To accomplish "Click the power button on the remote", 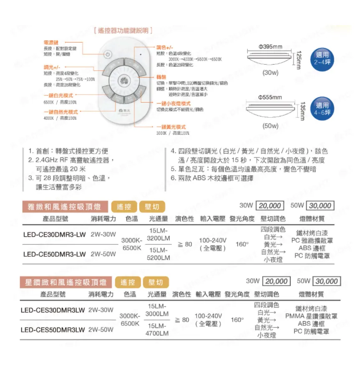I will [108, 55].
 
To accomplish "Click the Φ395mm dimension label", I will [271, 46].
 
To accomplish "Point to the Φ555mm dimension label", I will [271, 97].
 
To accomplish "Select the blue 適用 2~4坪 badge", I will [322, 58].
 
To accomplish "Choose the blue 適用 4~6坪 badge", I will [322, 109].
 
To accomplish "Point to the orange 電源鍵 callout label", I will [51, 43].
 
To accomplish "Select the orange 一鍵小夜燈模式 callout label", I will [174, 103].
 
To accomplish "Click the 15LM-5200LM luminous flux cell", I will [158, 254].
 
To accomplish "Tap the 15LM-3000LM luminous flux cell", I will [158, 310].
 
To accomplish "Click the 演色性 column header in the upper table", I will [184, 219].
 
